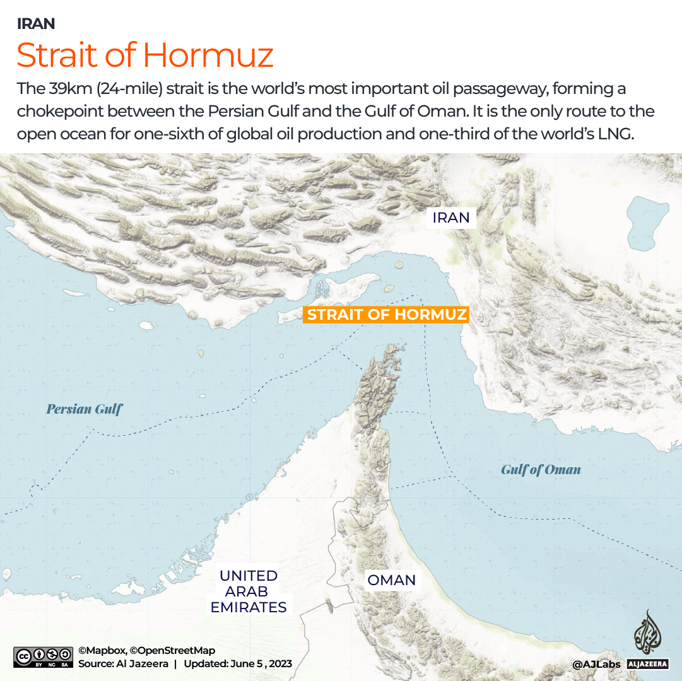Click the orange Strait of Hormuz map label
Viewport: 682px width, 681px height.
coord(386,315)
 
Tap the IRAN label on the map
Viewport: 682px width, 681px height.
coord(451,218)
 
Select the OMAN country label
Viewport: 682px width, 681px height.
coord(391,580)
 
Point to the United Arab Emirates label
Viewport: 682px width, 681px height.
coord(248,591)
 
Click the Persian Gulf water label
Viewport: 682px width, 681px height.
coord(85,409)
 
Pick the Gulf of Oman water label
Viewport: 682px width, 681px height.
coord(541,469)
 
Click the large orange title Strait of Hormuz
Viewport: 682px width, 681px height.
coord(145,55)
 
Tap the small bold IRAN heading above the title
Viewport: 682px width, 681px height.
coord(36,24)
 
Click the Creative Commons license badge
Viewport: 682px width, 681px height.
coord(42,656)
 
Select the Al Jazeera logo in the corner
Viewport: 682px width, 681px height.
coord(647,640)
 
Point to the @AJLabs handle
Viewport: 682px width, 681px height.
coord(596,664)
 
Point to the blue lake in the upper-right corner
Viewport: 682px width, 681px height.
coord(649,218)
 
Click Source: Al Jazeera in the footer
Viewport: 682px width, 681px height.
coord(123,664)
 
